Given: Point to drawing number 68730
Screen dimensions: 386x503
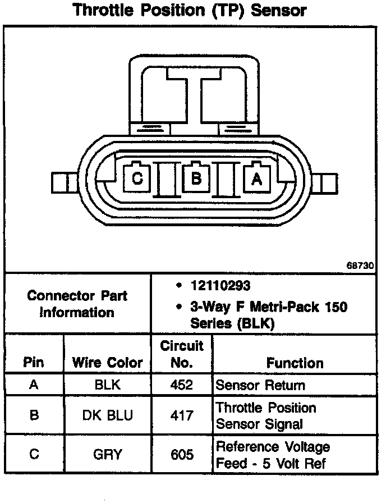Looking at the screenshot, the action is pos(360,267).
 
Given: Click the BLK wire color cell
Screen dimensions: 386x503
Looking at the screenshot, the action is pos(107,385).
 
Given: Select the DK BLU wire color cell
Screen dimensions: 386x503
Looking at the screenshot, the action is pos(107,415).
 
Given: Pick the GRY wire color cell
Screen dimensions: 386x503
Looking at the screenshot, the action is pos(107,454).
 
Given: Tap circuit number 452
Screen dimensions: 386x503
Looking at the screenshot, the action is pos(181,385).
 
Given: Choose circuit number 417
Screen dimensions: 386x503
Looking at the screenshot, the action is pos(181,415).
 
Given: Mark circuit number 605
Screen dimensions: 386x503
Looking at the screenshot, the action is pos(181,454).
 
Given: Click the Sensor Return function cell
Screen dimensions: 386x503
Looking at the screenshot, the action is pos(260,385).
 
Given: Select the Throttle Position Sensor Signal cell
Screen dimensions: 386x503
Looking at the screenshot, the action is pos(266,415).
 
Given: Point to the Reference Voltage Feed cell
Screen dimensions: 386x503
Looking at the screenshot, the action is pos(273,455).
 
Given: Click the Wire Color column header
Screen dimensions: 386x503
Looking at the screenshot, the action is pos(107,363).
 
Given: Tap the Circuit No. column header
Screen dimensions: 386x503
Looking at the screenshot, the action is pos(181,354).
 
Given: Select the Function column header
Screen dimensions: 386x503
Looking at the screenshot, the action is pos(295,363).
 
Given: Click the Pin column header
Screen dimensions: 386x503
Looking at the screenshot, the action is pos(34,363).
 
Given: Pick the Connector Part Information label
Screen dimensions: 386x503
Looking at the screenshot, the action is pos(77,304).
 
